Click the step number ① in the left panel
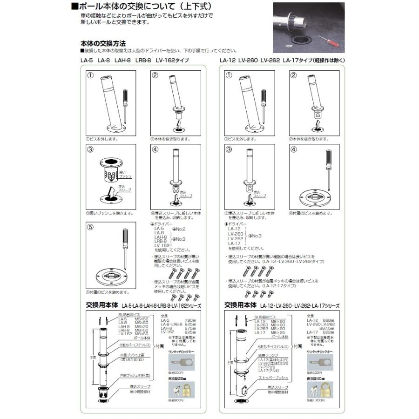pyautogui.click(x=91, y=75)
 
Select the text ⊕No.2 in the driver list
pyautogui.click(x=179, y=229)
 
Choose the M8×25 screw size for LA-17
pyautogui.click(x=280, y=332)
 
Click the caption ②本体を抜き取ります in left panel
pyautogui.click(x=171, y=139)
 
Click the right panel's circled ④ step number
pyautogui.click(x=294, y=150)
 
